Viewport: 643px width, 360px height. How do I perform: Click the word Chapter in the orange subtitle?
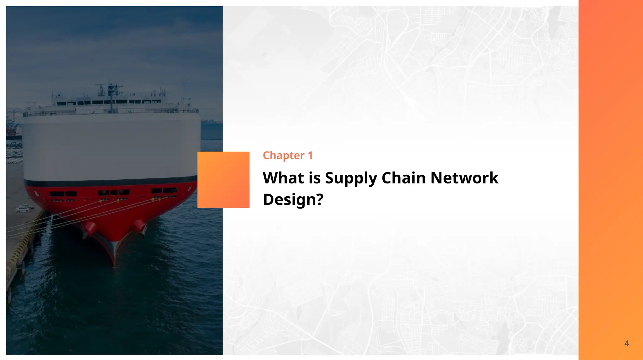(x=284, y=156)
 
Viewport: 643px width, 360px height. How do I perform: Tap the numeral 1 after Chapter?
(x=310, y=155)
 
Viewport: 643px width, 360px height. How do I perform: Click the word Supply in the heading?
(x=351, y=178)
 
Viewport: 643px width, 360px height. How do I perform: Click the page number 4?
(x=626, y=343)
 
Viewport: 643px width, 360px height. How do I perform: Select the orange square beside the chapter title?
(x=223, y=180)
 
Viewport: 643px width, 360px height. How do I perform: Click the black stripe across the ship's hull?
(x=110, y=182)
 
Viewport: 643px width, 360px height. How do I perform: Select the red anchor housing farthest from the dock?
(x=139, y=226)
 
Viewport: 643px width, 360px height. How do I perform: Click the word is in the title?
(x=314, y=178)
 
